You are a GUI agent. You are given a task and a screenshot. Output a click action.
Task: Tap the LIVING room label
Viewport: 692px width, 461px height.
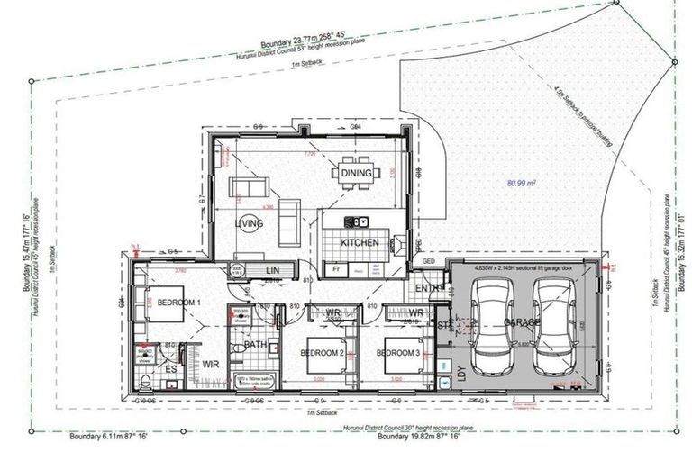(249, 224)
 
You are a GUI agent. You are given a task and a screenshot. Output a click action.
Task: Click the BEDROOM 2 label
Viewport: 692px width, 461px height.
(323, 352)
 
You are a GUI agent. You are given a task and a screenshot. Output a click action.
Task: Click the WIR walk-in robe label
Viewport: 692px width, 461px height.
(210, 364)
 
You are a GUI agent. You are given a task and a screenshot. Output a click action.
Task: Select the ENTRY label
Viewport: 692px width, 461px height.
(431, 287)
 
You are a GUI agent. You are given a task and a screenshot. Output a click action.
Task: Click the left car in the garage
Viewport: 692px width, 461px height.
(493, 324)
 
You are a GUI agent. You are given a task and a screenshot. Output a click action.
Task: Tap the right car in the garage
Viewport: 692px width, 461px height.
(555, 324)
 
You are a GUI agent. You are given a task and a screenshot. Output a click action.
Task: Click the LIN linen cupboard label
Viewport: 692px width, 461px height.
(271, 270)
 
